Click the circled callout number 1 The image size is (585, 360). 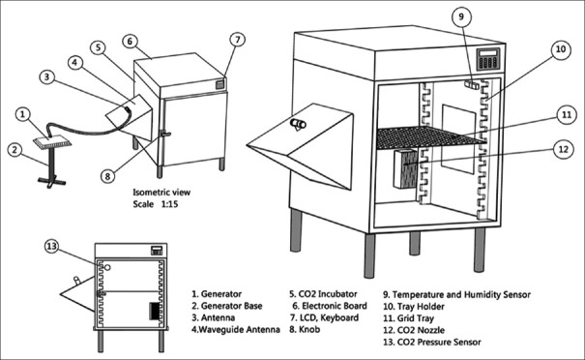(x=23, y=114)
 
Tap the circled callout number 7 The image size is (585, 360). (x=238, y=40)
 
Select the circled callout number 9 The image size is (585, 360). (x=461, y=16)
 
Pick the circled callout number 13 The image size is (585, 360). (x=52, y=246)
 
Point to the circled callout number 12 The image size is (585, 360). (x=563, y=149)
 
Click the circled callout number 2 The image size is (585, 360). (x=15, y=150)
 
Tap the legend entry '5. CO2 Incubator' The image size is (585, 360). (x=323, y=294)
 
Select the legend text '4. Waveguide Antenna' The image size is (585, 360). (x=235, y=330)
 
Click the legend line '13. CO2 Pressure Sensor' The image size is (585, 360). (x=432, y=342)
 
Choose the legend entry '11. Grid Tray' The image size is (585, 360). (x=408, y=318)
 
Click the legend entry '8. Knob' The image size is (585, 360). (x=305, y=329)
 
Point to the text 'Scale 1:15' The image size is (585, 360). (x=156, y=204)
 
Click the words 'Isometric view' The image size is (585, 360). (x=161, y=193)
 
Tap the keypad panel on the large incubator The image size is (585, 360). (x=488, y=59)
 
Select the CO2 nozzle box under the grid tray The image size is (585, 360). (x=406, y=168)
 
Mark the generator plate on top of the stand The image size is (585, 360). (x=52, y=142)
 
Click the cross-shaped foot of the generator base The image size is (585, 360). (x=52, y=182)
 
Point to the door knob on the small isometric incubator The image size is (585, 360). (x=165, y=134)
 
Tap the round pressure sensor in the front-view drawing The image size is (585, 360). (x=107, y=267)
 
